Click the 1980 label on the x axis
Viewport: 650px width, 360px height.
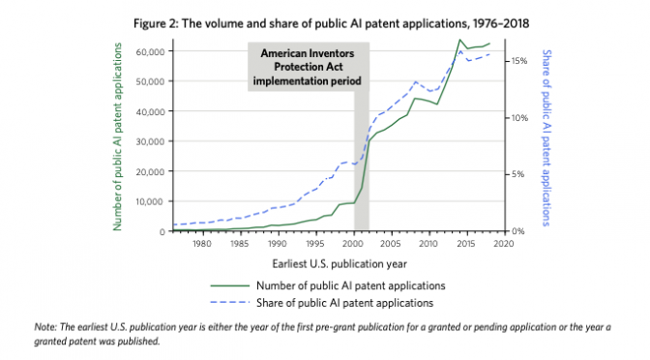click(x=202, y=244)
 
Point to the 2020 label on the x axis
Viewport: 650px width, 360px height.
click(x=504, y=244)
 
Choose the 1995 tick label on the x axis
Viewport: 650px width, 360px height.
click(x=315, y=244)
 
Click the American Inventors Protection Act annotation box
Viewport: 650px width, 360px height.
click(x=307, y=67)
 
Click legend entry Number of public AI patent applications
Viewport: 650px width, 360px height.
click(x=349, y=285)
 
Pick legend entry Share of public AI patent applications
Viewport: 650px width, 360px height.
click(x=349, y=304)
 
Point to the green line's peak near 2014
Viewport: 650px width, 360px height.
click(x=458, y=40)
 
